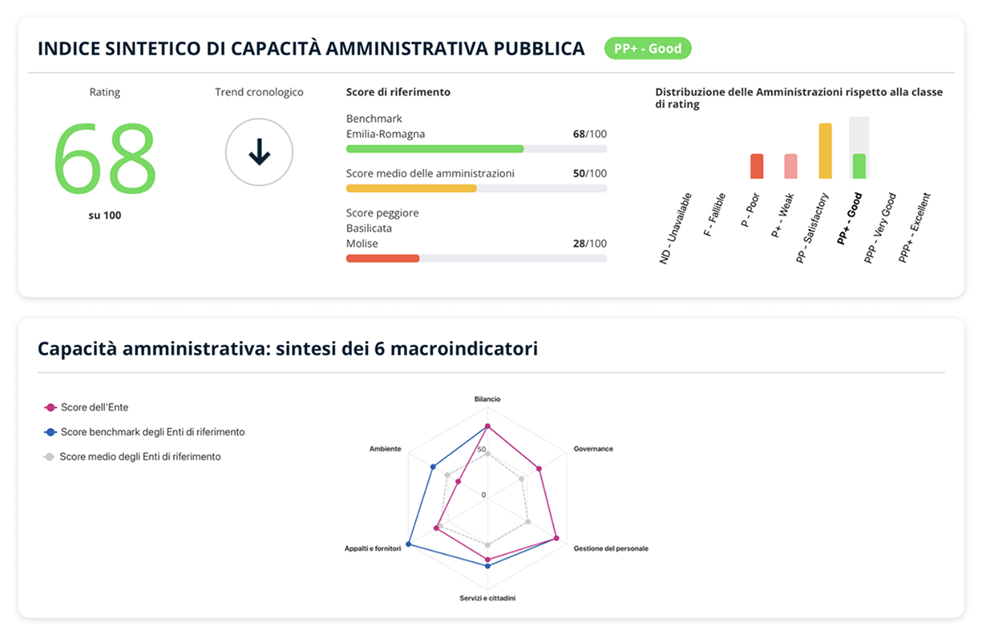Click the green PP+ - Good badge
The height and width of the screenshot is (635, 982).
coord(648,49)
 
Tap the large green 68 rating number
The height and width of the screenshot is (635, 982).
coord(105,157)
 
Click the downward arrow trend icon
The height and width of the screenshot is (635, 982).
coord(259,152)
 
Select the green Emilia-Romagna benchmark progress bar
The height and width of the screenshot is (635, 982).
coord(434,149)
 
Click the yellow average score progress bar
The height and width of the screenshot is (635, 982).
coord(411,188)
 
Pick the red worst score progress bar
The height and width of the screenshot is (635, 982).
coord(382,258)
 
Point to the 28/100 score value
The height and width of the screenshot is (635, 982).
coord(589,244)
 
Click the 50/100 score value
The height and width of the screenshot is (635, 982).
coord(589,173)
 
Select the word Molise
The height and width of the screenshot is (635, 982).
coord(362,244)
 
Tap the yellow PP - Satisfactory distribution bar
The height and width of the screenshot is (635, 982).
coord(825,151)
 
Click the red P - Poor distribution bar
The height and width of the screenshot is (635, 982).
coord(757,166)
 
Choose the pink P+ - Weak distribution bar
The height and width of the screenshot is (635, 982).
coord(790,166)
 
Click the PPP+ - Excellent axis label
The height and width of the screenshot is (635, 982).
coord(915,228)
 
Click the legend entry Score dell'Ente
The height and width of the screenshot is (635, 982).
coord(94,407)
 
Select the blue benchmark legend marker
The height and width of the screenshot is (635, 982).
coord(50,432)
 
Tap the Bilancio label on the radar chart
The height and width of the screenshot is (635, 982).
coord(487,398)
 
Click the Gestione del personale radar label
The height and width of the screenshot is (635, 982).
coord(611,548)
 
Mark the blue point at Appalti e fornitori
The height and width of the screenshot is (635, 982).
coord(409,544)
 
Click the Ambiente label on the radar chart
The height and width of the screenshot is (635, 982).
coord(385,449)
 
